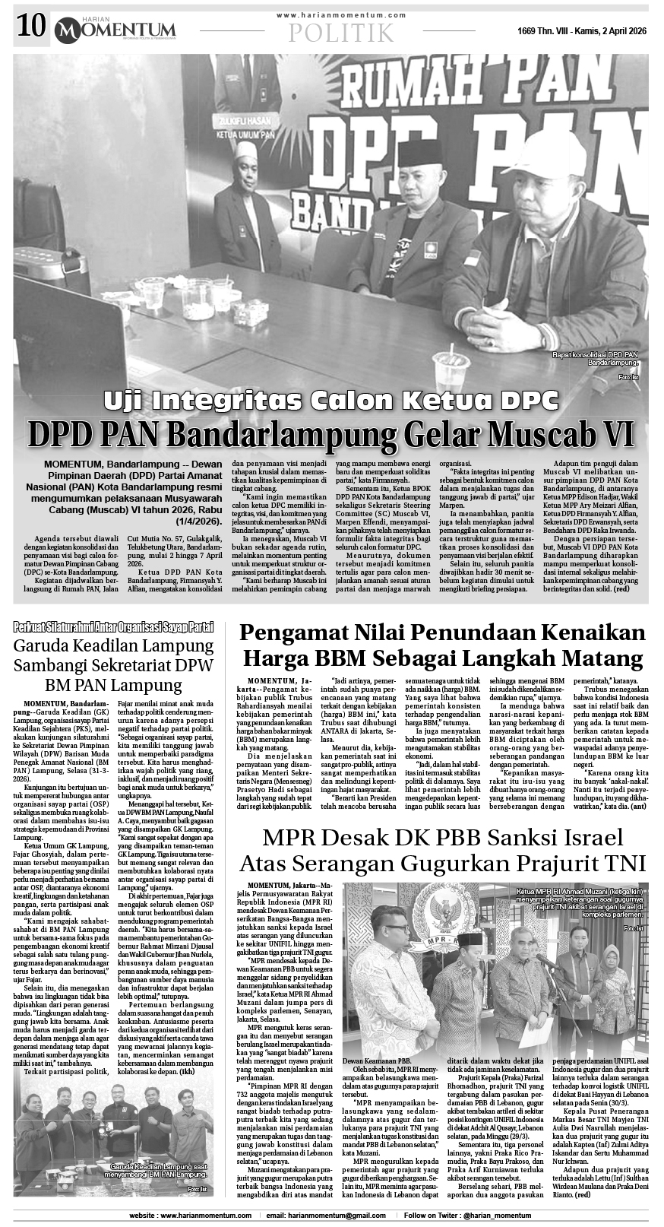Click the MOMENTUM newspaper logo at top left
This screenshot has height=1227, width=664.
(114, 29)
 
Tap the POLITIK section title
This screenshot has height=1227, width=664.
(341, 33)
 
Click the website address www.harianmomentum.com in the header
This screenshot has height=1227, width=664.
(341, 14)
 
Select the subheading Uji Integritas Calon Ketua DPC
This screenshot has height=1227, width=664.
(331, 398)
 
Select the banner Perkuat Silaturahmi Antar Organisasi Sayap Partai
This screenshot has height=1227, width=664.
(114, 627)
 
